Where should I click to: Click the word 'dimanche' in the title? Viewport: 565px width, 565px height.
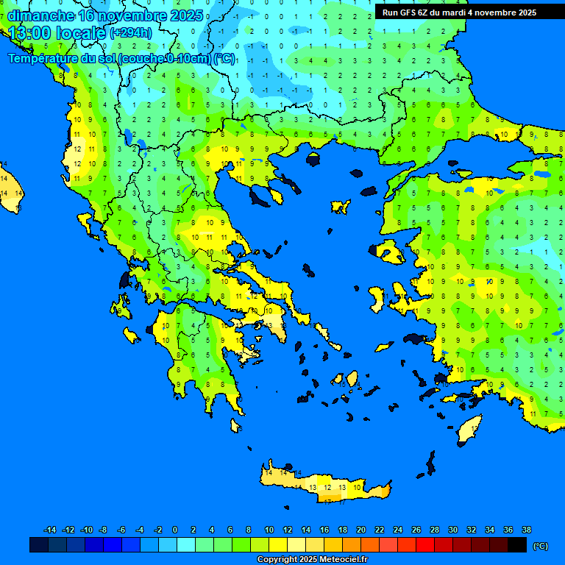pos(40,15)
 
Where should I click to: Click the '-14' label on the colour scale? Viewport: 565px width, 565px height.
pos(50,530)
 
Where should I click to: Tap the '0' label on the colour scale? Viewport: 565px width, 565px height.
pos(175,530)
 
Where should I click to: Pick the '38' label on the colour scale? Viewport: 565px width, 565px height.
pos(526,530)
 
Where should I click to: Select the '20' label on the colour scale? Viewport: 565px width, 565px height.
pos(360,530)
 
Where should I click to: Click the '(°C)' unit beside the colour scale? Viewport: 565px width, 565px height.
pos(541,546)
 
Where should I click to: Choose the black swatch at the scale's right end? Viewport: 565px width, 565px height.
pos(517,545)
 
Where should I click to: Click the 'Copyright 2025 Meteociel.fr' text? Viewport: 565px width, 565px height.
pos(312,560)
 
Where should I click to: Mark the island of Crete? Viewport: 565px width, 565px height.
pos(324,486)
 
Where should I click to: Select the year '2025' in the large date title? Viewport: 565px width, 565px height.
pos(184,15)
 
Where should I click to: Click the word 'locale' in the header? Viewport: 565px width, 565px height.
pos(81,33)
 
